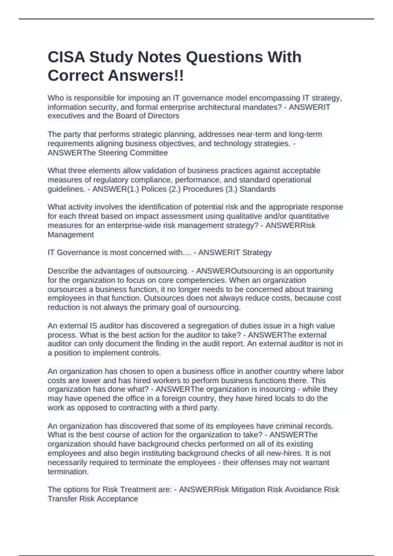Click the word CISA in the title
(x=66, y=57)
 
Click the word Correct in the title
(x=76, y=76)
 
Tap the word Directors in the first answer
(x=163, y=116)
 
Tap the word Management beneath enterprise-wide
(x=71, y=235)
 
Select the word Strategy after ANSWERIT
(x=256, y=252)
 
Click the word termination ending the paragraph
(x=68, y=472)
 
